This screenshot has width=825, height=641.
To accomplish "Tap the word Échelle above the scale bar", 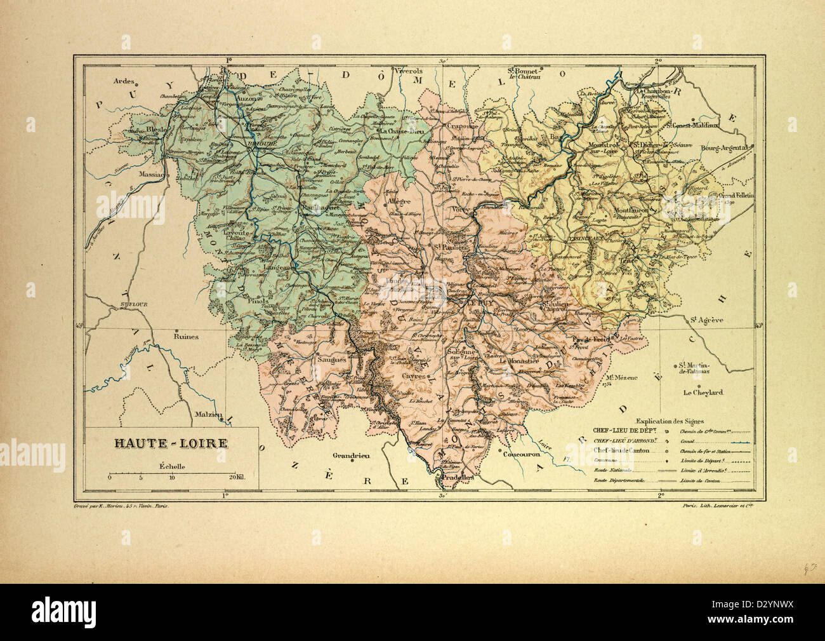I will pos(173,465).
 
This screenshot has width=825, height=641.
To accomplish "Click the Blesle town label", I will pos(155,129).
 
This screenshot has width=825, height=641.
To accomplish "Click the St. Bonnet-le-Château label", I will pos(522,73).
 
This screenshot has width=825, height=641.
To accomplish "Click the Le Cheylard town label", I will pos(703,393).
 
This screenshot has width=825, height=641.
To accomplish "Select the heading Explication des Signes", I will pos(666,421).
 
